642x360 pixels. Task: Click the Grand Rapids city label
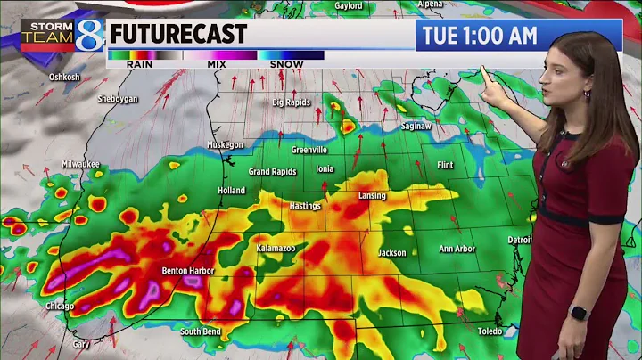271,171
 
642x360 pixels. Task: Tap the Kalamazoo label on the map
275,247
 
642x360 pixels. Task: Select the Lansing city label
372,196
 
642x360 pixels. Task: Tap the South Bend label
202,332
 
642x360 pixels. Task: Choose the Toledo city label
489,330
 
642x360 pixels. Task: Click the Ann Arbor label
457,249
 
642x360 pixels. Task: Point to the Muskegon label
225,144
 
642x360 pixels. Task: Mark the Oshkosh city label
64,78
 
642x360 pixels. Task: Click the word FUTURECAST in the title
177,35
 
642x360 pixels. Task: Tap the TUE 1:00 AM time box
477,36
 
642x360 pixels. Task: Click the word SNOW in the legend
286,64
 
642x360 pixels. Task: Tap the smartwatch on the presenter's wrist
577,313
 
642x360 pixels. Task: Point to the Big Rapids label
292,102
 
